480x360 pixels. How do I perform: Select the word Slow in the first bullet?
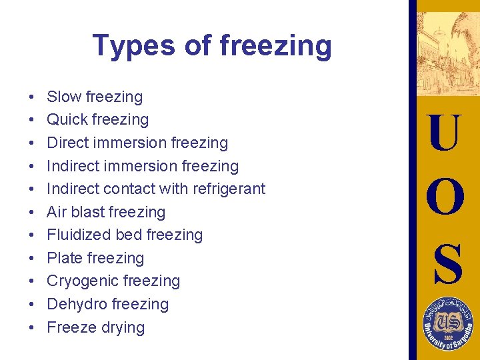click(x=63, y=97)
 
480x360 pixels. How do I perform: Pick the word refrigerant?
click(x=229, y=189)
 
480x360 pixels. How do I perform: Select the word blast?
click(x=86, y=212)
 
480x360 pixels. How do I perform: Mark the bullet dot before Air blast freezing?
click(x=33, y=213)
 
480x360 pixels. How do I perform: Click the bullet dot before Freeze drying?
click(x=33, y=328)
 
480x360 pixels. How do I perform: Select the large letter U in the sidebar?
click(x=445, y=134)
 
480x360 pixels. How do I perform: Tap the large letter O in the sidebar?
click(x=445, y=198)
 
